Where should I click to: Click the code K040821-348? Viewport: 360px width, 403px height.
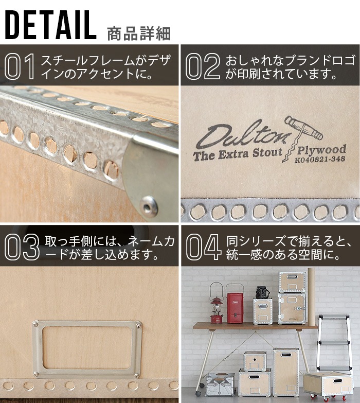(320, 160)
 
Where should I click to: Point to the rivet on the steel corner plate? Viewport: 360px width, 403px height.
(149, 206)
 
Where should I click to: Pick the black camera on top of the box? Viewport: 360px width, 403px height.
(263, 293)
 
